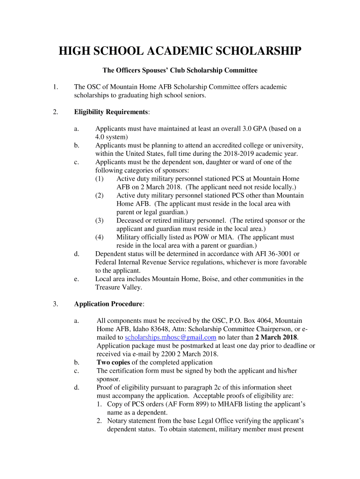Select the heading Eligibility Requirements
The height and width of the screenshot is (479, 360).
[x=111, y=112]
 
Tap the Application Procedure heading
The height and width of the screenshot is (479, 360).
[x=108, y=304]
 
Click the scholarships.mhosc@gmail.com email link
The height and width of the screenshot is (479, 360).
[x=171, y=337]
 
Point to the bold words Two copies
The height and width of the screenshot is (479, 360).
[x=113, y=363]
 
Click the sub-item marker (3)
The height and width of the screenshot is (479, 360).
[x=100, y=220]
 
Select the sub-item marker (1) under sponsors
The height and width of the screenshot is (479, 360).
[x=100, y=179]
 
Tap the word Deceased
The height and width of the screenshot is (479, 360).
[x=131, y=220]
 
